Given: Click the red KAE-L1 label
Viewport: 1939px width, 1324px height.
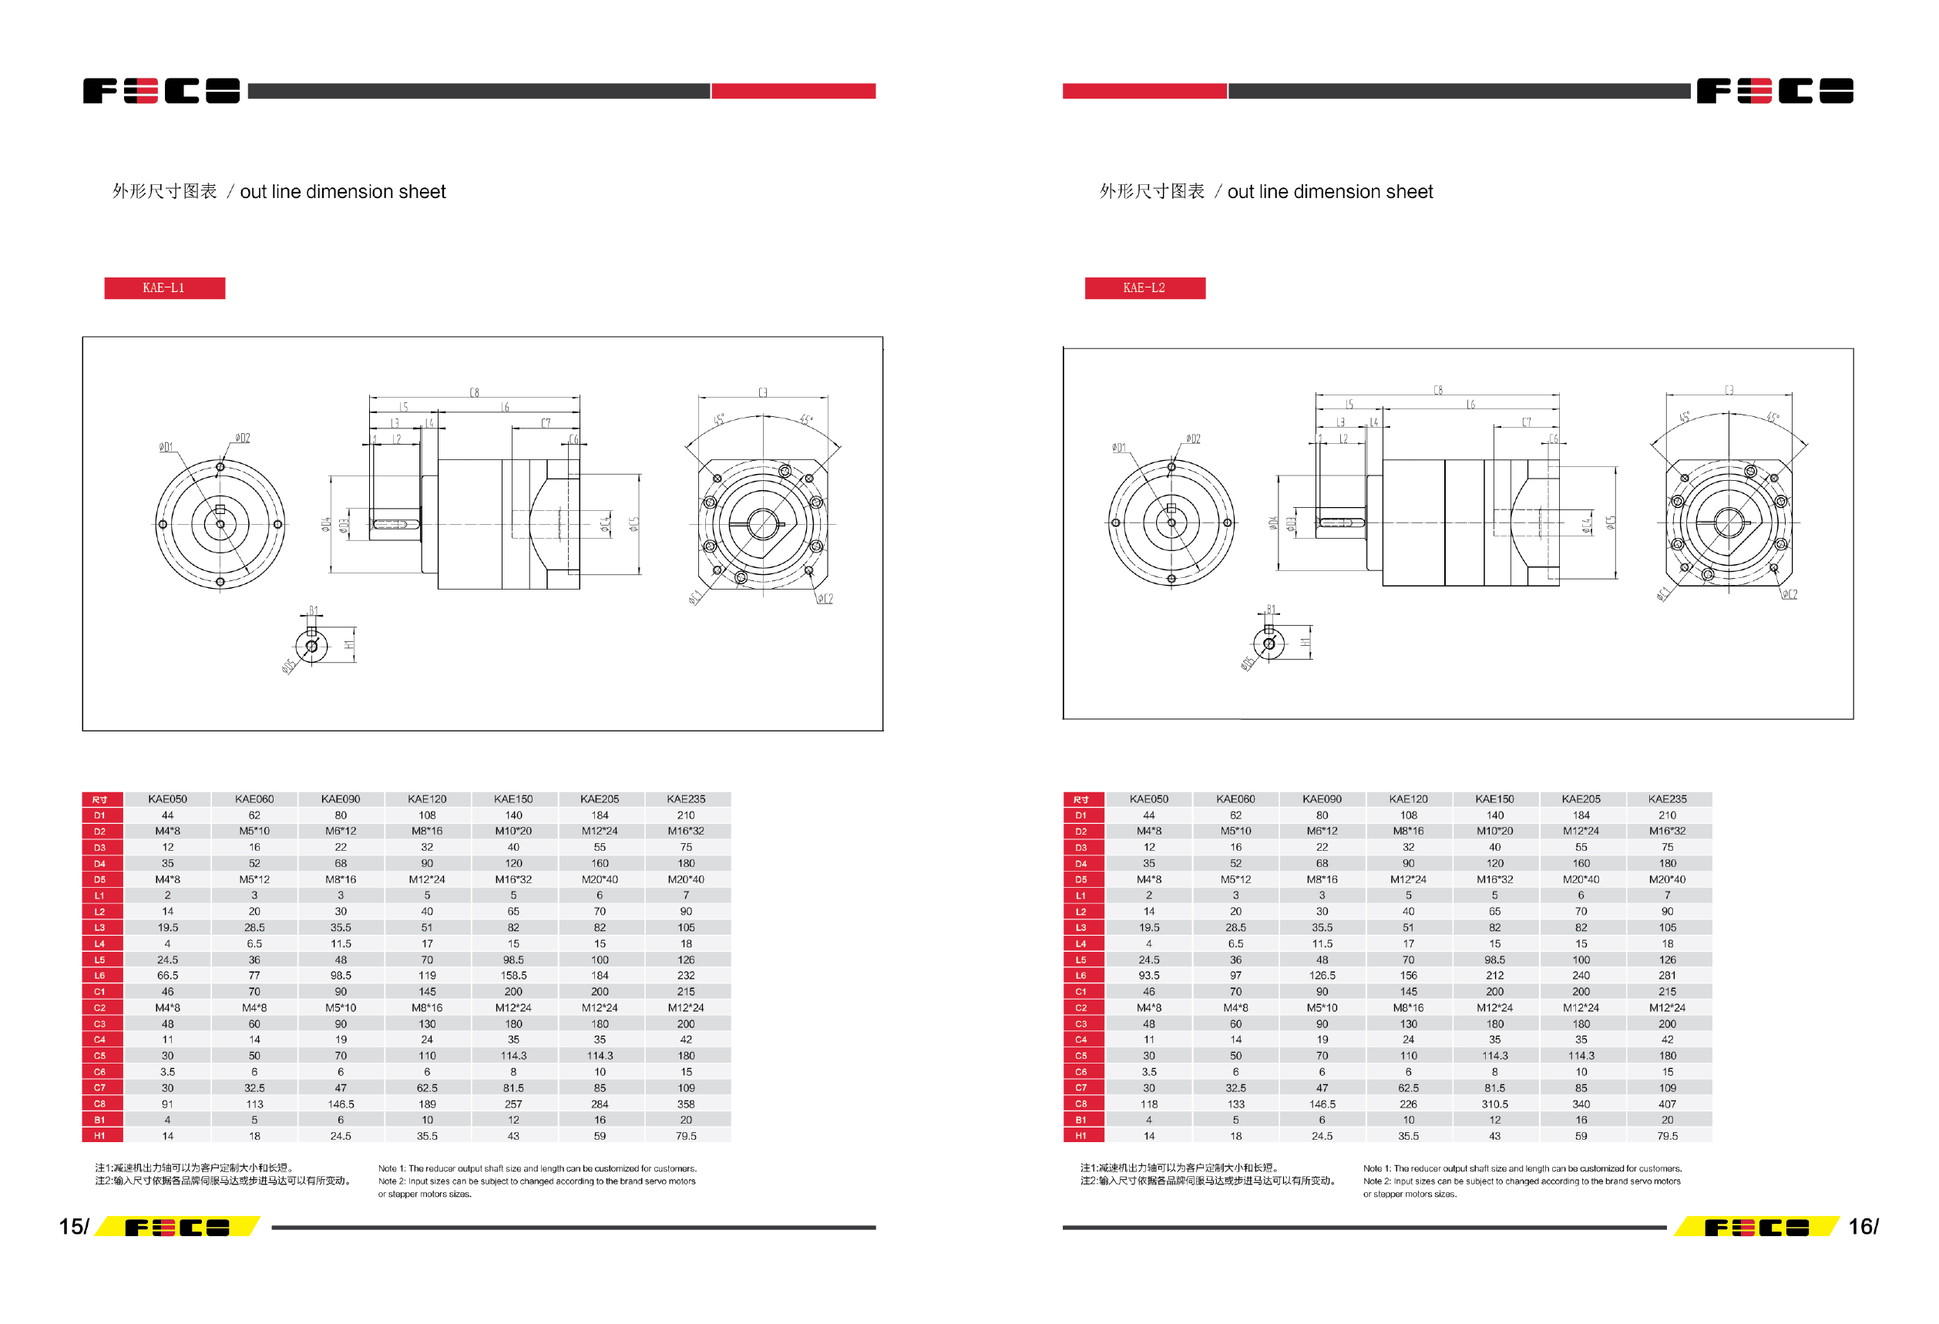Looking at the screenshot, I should (x=164, y=287).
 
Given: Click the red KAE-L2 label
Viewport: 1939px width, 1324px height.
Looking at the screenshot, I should (x=1144, y=287).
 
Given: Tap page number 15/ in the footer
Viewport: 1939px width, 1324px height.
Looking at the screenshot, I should (x=73, y=1225).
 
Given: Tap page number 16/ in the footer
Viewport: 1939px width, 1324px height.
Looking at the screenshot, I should (x=1863, y=1225).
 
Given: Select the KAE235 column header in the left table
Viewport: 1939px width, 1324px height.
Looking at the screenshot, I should (x=686, y=799).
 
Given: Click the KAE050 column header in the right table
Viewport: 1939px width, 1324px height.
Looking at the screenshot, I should (x=1149, y=799).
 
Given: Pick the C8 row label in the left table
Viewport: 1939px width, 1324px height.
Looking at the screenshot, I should (x=100, y=1104).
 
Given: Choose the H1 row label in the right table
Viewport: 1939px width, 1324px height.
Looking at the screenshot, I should (x=1081, y=1135).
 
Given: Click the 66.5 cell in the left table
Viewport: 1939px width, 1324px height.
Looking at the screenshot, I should (x=168, y=975).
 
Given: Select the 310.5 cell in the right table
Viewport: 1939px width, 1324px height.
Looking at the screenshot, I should (x=1494, y=1104).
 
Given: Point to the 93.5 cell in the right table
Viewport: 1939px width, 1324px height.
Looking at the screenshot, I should (x=1149, y=975).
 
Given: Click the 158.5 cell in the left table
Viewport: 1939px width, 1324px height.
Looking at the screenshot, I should (x=513, y=975).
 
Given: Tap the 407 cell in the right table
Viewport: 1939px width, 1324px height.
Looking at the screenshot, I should (x=1667, y=1104).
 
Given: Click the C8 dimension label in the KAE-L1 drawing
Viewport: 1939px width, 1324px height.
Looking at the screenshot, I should (x=474, y=392).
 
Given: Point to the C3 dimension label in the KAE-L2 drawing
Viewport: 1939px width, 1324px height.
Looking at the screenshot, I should (x=1729, y=390).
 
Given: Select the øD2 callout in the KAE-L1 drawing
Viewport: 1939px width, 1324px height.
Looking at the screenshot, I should (x=242, y=437).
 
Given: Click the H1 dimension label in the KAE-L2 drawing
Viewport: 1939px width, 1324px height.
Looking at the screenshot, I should (x=1305, y=643).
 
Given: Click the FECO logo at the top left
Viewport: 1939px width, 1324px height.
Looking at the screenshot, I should (x=161, y=91).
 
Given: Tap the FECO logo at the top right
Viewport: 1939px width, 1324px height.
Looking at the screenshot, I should (x=1775, y=91).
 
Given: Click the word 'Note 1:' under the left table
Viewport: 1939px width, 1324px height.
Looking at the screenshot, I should (x=391, y=1168).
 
